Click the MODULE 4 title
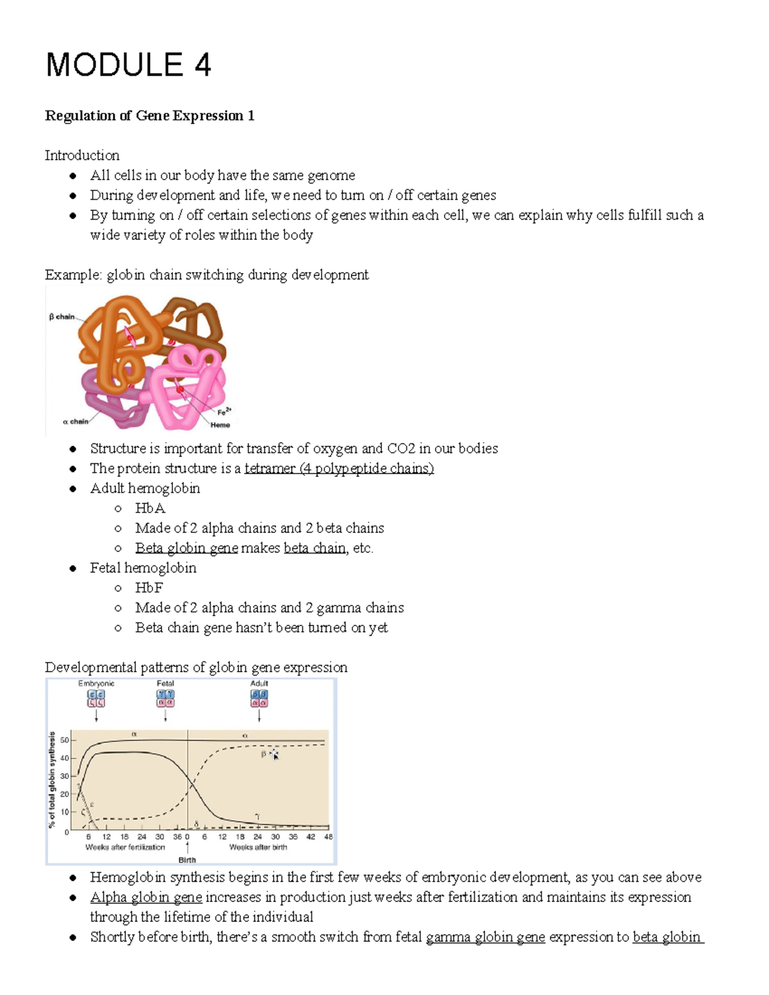128,65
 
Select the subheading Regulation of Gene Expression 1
149,116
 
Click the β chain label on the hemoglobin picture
62,317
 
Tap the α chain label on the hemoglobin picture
75,422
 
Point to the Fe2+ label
224,412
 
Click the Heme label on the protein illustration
220,425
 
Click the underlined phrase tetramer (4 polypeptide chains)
339,468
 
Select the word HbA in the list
150,508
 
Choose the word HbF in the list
149,588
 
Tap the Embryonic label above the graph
96,684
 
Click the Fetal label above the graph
165,684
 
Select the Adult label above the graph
259,684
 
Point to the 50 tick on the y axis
64,740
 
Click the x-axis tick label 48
329,837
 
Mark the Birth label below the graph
187,860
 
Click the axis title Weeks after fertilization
125,847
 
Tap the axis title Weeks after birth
258,847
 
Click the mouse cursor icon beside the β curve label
275,755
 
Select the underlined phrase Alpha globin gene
146,897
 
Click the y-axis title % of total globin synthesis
52,780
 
